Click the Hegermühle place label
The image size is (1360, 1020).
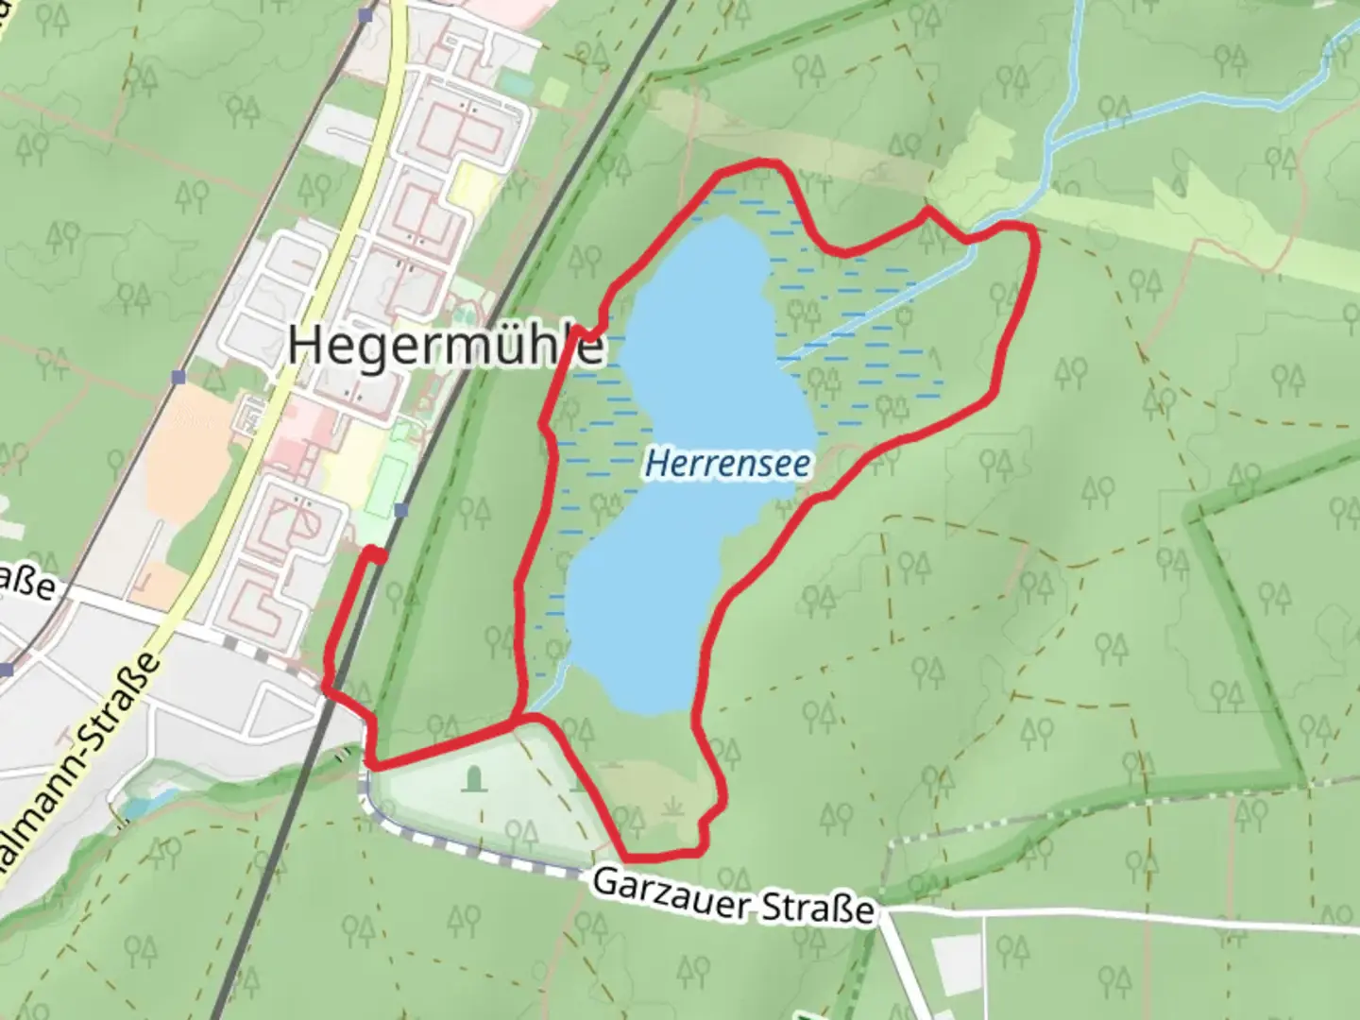coord(445,346)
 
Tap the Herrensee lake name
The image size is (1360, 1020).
coord(727,464)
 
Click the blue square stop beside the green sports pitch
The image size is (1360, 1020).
coord(402,510)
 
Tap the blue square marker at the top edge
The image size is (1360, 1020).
coord(367,14)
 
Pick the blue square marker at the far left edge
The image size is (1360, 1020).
coord(8,670)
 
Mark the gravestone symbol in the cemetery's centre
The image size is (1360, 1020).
coord(473,778)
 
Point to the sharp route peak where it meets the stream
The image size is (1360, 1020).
coord(928,211)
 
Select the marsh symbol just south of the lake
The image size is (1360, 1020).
coord(671,807)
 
